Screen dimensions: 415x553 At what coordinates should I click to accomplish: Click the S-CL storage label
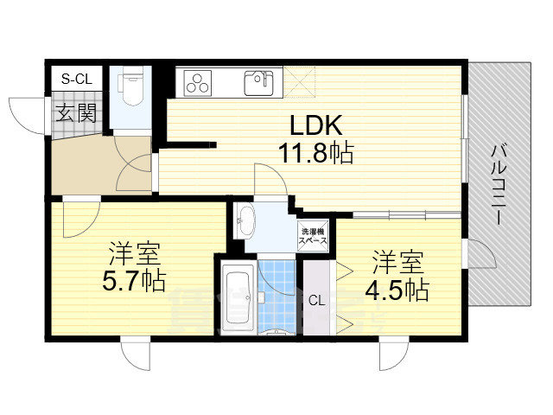click(75, 79)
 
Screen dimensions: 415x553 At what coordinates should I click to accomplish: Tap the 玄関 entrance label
click(76, 112)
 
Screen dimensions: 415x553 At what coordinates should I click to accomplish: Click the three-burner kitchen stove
click(198, 84)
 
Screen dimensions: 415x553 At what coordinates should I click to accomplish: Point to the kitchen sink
click(257, 83)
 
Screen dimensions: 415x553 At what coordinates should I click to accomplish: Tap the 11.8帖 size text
click(315, 155)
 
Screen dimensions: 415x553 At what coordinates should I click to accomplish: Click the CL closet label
click(317, 300)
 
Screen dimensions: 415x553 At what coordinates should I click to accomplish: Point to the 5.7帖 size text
click(133, 282)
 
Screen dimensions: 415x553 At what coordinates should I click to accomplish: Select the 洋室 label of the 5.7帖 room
click(133, 254)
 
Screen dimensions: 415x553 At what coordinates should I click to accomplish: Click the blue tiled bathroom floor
click(278, 294)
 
